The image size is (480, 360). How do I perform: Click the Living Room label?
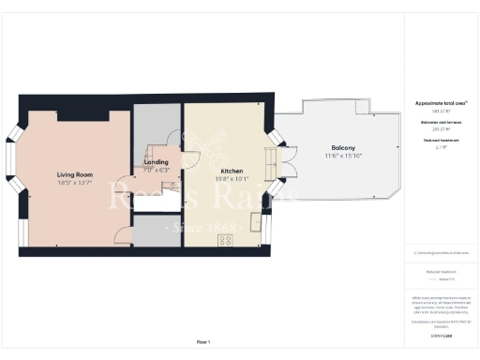click(x=71, y=174)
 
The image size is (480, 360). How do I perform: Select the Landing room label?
click(x=156, y=162)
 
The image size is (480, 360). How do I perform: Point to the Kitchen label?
click(x=232, y=172)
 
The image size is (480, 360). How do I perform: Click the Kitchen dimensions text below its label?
click(x=232, y=180)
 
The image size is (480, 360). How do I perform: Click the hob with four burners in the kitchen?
click(x=226, y=240)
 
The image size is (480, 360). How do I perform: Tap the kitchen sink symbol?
click(x=256, y=221)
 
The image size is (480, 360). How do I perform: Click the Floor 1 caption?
click(x=205, y=343)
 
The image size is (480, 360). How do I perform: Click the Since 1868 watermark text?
click(x=205, y=228)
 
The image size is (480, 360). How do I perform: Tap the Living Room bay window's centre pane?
click(x=11, y=176)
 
